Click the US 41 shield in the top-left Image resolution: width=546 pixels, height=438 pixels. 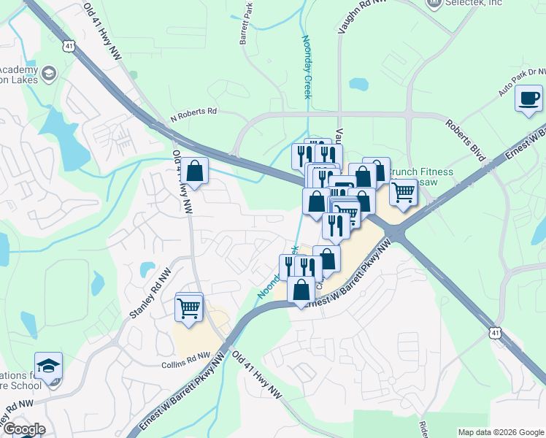point(69,46)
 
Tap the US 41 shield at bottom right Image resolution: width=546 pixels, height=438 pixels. point(495,333)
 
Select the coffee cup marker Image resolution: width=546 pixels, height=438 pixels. point(528,99)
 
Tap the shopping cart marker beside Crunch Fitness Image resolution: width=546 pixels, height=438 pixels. point(403,193)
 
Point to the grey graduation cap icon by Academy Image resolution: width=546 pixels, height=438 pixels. point(49,74)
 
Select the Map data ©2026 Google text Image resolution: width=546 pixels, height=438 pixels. point(500,432)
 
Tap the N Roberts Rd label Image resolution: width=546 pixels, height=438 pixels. point(194,112)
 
